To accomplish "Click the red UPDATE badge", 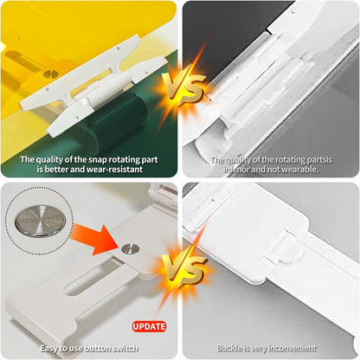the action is pyautogui.click(x=149, y=326).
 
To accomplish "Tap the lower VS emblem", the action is pyautogui.click(x=183, y=271).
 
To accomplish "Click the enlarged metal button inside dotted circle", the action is pyautogui.click(x=41, y=221).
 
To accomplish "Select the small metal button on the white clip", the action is pyautogui.click(x=131, y=248).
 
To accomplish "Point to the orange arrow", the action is pyautogui.click(x=93, y=238).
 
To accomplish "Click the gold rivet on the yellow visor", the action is pyautogui.click(x=51, y=74).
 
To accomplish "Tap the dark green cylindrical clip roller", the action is pyautogui.click(x=121, y=121).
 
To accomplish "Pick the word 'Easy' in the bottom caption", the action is pyautogui.click(x=49, y=349).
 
